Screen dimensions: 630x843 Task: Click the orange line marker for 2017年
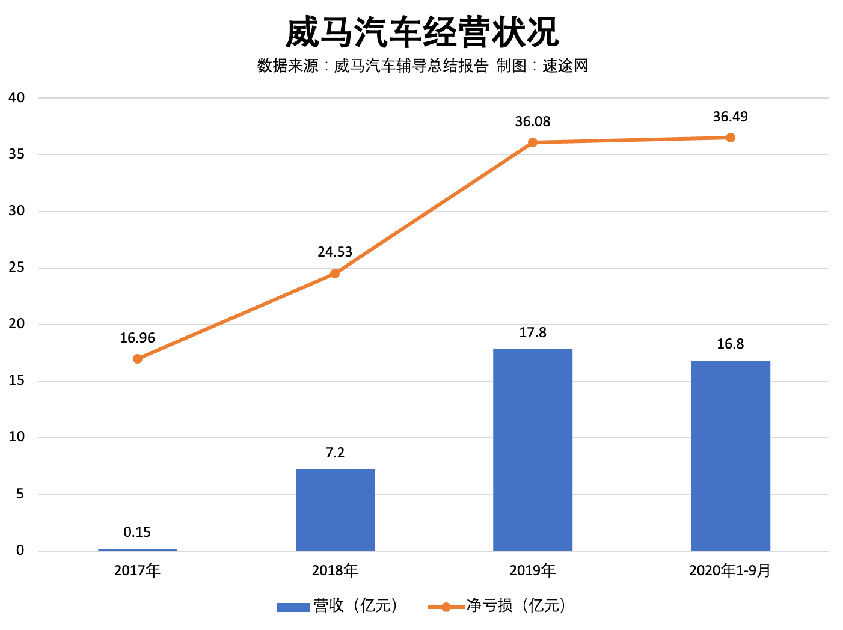click(138, 359)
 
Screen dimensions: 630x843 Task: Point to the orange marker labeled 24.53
click(335, 274)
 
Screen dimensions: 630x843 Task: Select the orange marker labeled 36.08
click(533, 142)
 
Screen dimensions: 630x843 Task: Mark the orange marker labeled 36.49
click(730, 138)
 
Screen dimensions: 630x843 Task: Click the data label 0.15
click(137, 532)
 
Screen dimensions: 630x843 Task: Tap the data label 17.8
click(533, 332)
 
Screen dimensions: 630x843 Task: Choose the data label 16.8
click(730, 344)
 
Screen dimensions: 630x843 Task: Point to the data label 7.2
click(335, 453)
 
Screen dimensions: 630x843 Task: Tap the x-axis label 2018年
click(335, 570)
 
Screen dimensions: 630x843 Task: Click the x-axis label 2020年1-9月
click(730, 570)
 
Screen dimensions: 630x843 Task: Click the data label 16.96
click(137, 338)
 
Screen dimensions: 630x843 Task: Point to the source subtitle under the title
click(422, 66)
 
